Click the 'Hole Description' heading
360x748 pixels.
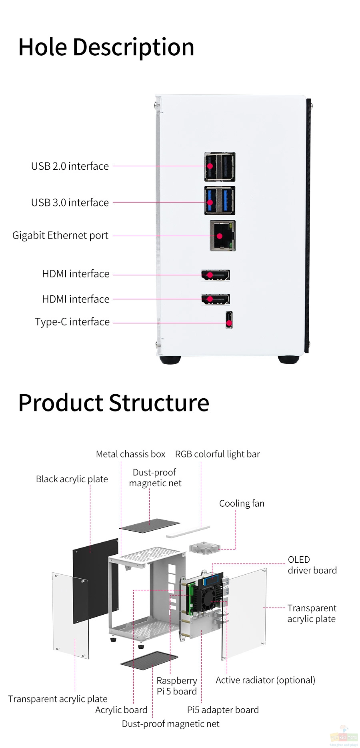106,48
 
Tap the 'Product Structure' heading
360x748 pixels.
114,403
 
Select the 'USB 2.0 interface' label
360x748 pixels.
70,166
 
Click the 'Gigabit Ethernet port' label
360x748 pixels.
60,235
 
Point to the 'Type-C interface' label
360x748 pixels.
72,322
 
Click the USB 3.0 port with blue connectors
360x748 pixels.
220,201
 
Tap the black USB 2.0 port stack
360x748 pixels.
220,167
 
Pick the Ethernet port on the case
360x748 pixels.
222,236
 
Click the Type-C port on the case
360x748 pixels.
229,320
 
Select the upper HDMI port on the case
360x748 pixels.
216,275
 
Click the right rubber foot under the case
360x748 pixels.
288,359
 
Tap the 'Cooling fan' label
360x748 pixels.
242,503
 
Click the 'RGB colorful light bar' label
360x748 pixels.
218,454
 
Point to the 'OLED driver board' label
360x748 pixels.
312,565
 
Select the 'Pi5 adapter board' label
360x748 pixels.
223,710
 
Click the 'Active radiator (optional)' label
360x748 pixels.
266,680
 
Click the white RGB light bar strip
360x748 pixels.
188,531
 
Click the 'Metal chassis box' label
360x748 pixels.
130,454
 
